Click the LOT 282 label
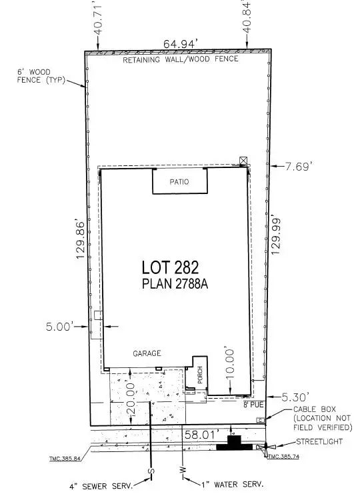[170, 267]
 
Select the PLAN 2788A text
[170, 285]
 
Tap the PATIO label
[179, 181]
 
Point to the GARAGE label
[146, 353]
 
